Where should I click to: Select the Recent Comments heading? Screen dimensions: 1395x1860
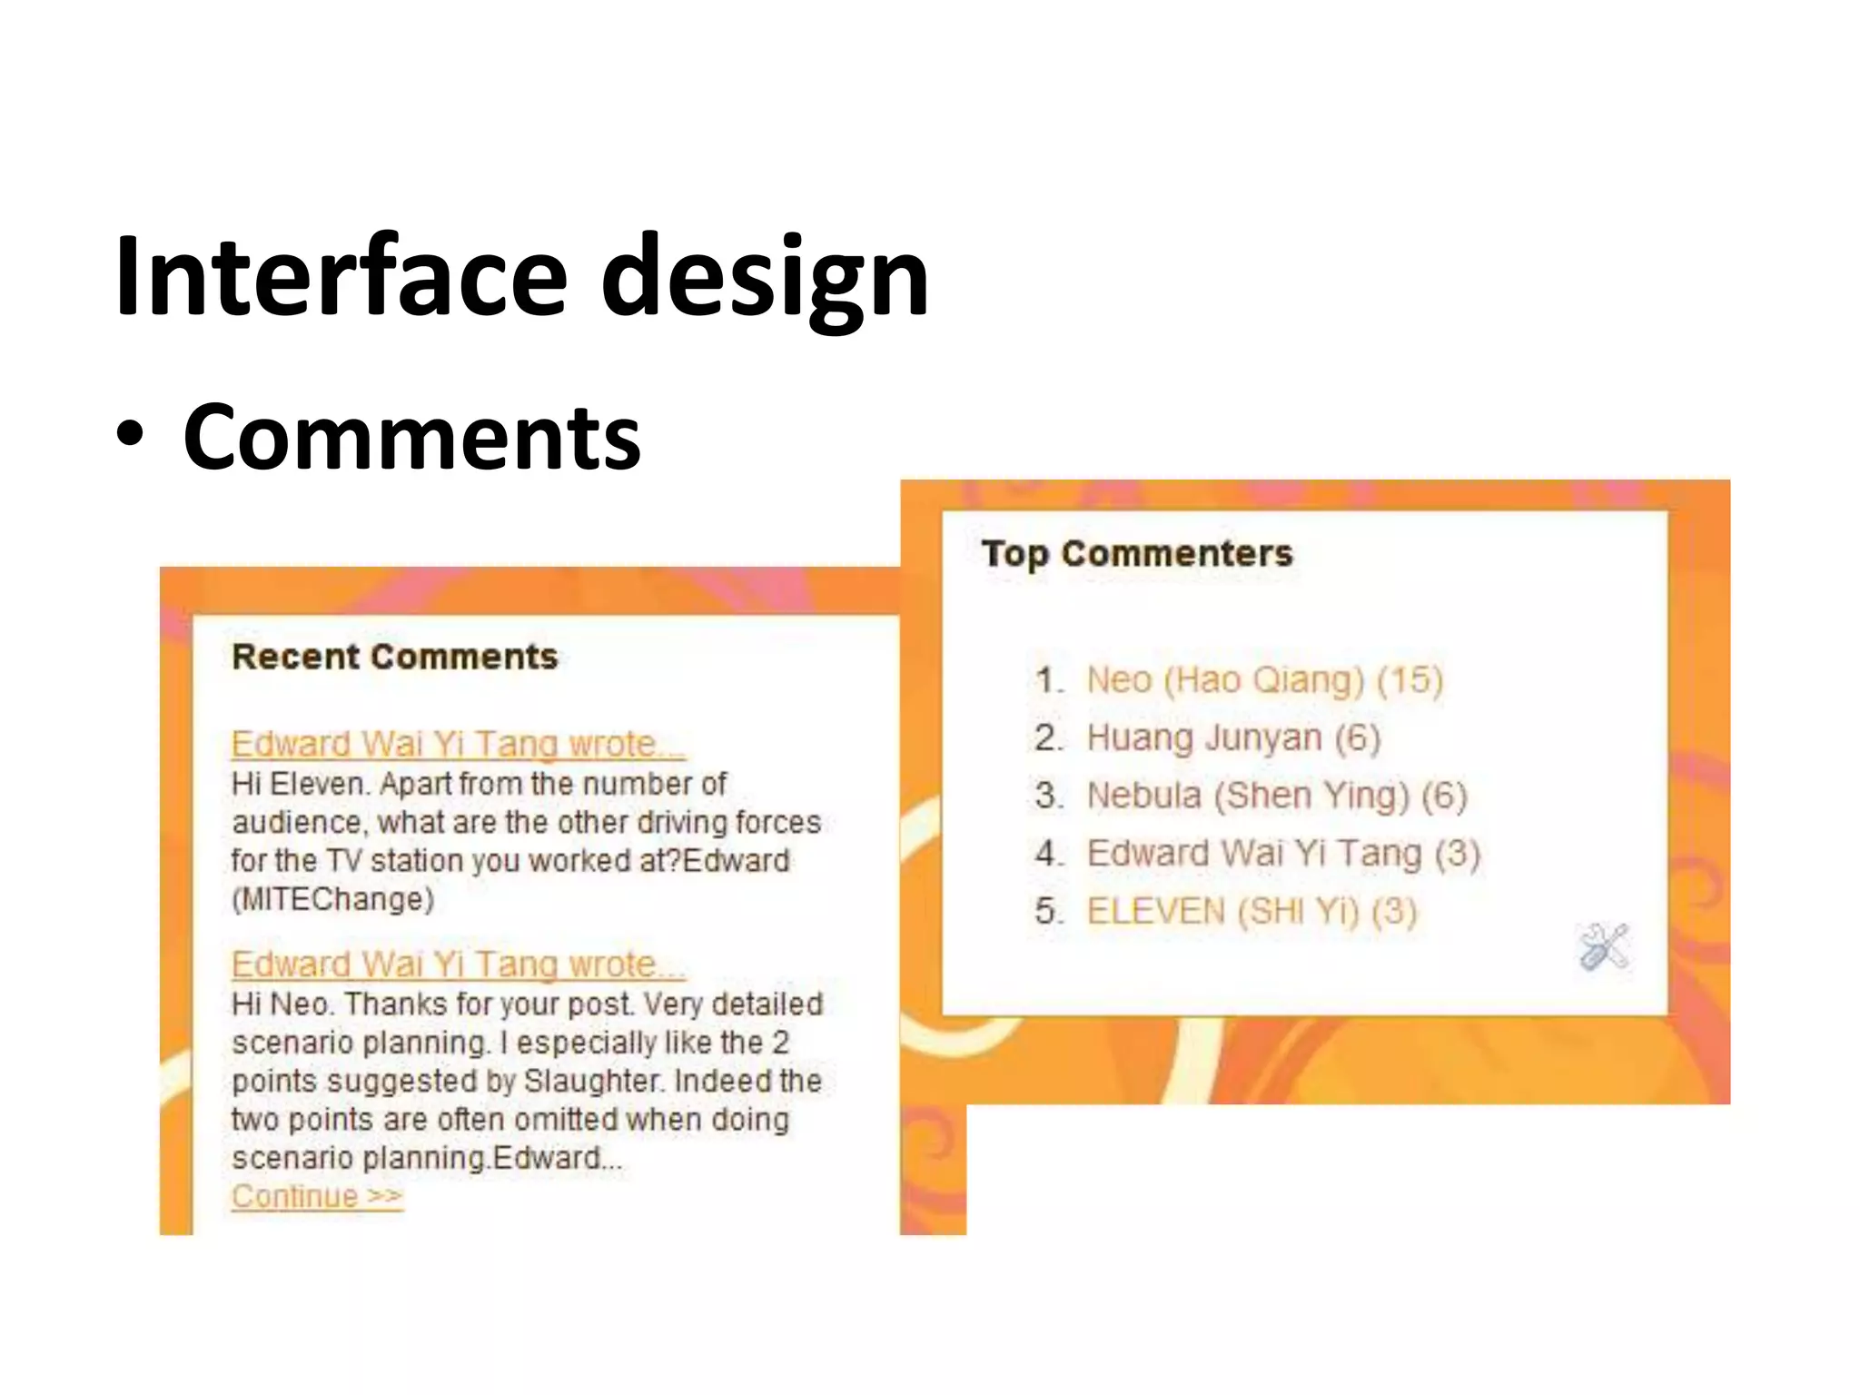pos(394,657)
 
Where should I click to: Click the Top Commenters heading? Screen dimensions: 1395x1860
pos(1136,553)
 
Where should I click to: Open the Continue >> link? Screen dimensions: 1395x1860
pos(316,1196)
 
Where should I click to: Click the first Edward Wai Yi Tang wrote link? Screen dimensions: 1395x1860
pos(457,744)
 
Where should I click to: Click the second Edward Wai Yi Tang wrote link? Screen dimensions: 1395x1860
pos(457,964)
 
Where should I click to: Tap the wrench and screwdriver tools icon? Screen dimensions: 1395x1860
pos(1604,946)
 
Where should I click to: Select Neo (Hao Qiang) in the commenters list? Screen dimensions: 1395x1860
pos(1225,679)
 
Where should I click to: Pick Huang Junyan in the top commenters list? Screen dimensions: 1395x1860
pos(1203,737)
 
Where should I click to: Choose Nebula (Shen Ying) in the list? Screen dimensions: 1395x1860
pos(1248,796)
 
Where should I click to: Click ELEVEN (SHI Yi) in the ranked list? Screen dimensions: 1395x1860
pos(1222,911)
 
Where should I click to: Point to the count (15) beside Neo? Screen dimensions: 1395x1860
pos(1410,679)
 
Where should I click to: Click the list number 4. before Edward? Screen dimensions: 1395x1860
pos(1048,854)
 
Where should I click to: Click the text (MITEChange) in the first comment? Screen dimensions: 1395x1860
pos(332,899)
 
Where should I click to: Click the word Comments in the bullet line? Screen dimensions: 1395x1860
pos(411,438)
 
